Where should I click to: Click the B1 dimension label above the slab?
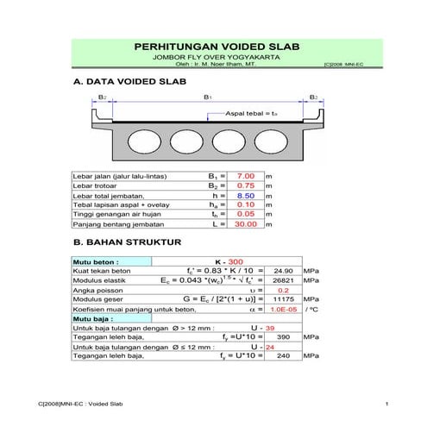click(x=207, y=97)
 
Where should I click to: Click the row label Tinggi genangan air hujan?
click(x=111, y=215)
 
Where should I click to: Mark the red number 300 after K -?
click(x=235, y=261)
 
